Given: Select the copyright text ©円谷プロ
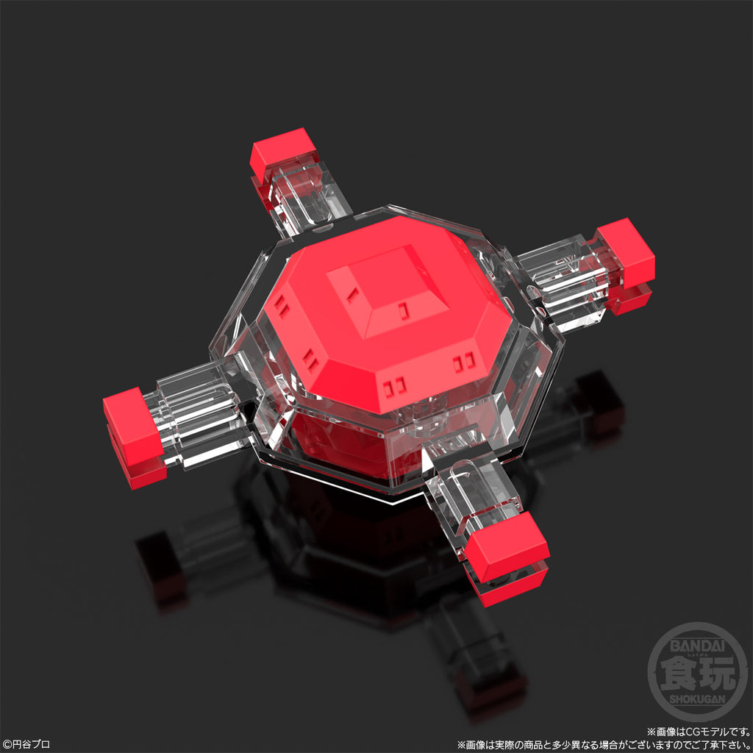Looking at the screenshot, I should pyautogui.click(x=27, y=744).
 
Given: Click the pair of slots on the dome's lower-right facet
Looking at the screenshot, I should pyautogui.click(x=464, y=361).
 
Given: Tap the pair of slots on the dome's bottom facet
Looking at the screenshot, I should pyautogui.click(x=396, y=385).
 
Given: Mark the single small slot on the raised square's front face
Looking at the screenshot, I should pyautogui.click(x=402, y=311).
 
